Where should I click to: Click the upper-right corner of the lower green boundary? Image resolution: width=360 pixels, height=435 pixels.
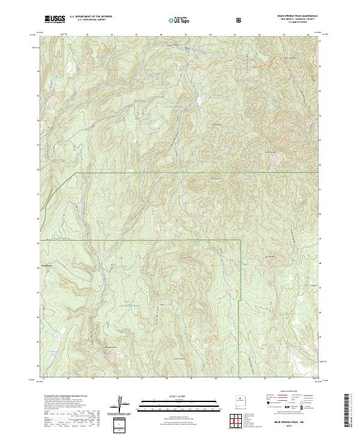[x=240, y=241]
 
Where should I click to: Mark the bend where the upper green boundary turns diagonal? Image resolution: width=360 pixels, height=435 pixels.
[x=74, y=173]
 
